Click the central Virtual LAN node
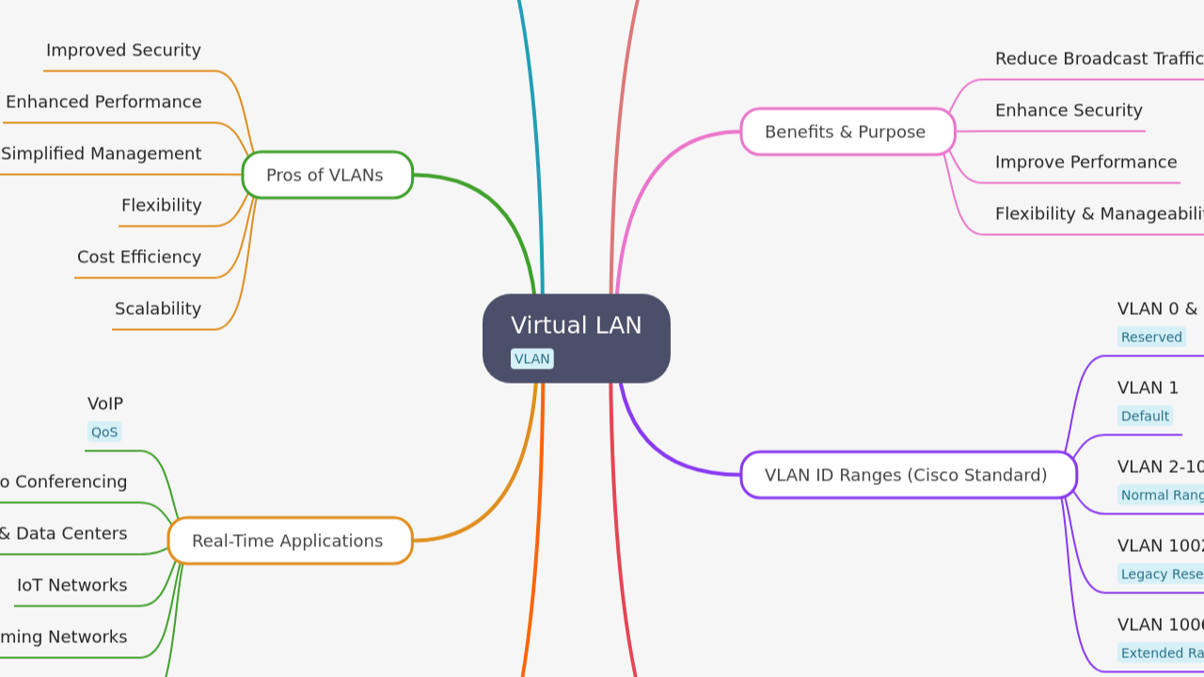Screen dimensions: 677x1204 pos(576,326)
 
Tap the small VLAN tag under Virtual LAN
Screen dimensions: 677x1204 pos(531,359)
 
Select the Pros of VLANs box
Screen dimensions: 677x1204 pos(326,175)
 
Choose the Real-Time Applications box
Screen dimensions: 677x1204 pos(289,541)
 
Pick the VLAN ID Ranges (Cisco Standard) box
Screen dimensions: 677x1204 pos(907,475)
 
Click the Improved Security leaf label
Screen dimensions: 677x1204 pos(123,50)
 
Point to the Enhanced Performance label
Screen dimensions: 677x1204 pos(103,102)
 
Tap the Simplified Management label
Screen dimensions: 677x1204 pos(101,153)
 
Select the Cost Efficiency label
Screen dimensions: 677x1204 pos(139,257)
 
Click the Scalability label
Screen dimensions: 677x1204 pos(158,308)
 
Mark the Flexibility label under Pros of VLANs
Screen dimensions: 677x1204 pos(161,205)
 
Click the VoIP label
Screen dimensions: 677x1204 pos(105,403)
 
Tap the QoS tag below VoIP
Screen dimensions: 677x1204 pos(104,433)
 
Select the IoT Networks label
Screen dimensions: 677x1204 pos(71,585)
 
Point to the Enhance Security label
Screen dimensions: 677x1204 pos(1069,110)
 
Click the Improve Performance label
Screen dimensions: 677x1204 pos(1085,162)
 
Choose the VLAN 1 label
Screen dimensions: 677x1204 pos(1148,387)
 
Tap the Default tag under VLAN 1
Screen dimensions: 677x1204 pos(1145,416)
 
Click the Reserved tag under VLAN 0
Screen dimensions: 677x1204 pos(1151,337)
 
